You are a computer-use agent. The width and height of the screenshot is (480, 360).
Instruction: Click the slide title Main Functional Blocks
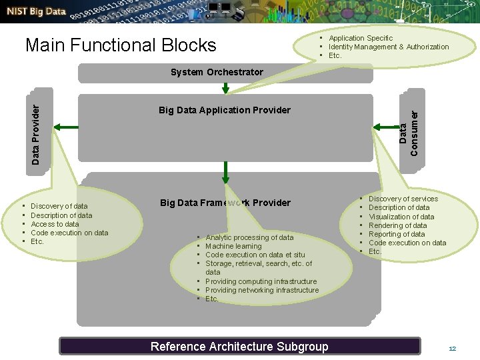[121, 45]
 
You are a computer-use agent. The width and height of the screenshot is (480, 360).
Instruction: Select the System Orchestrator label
[217, 72]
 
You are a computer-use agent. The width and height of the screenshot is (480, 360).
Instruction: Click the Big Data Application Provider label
[225, 110]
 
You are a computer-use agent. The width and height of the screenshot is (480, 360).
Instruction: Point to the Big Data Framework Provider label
[225, 203]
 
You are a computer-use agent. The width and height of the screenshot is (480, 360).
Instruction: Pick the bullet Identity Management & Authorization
[389, 47]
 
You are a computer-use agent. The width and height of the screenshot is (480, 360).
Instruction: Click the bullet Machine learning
[234, 247]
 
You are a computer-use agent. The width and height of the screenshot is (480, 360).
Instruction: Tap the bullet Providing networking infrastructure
[262, 290]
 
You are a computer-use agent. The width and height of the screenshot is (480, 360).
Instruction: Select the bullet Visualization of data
[401, 217]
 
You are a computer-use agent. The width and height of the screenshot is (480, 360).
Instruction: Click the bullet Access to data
[55, 224]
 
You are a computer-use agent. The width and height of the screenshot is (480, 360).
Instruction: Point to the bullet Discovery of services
[403, 199]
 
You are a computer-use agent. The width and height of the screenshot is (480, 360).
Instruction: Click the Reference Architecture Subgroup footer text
[239, 346]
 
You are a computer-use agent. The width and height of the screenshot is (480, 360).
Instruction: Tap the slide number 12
[452, 349]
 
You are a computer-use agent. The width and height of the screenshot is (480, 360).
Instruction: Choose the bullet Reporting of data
[397, 234]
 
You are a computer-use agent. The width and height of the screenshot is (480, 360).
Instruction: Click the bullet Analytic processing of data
[249, 237]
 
